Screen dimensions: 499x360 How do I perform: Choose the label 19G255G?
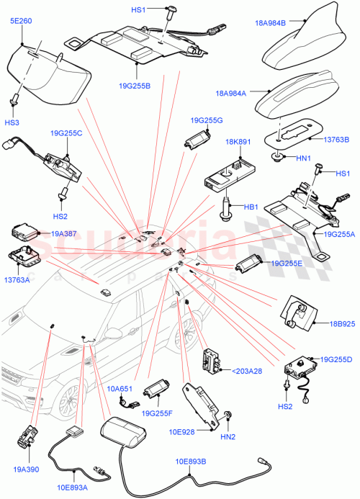[207, 120]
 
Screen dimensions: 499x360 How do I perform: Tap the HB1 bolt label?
[251, 207]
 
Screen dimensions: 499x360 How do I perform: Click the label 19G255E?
[287, 264]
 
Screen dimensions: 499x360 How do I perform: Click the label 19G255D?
[336, 358]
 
